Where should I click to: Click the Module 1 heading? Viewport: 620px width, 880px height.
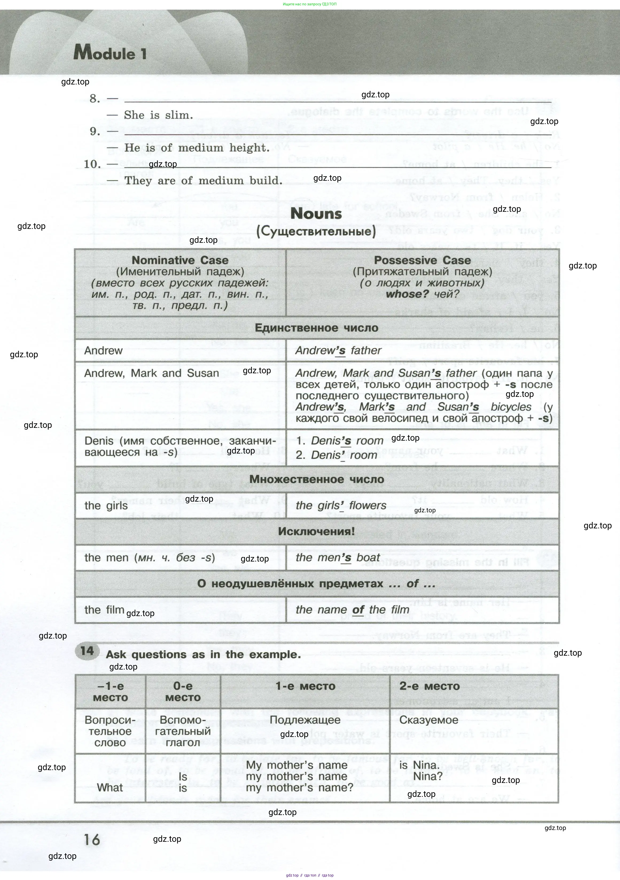coord(110,52)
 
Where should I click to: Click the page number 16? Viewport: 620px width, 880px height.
coord(92,840)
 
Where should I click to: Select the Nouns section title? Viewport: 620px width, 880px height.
coord(316,213)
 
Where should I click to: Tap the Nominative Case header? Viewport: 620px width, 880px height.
coord(180,260)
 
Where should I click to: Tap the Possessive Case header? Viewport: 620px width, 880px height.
coord(422,260)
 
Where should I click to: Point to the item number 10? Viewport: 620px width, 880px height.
coord(92,164)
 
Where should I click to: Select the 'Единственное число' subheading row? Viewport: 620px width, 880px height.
coord(316,328)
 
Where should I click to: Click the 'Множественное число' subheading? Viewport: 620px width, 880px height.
coord(316,479)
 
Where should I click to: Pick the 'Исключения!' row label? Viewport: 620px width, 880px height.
coord(316,531)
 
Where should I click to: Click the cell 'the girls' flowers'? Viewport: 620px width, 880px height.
coord(341,506)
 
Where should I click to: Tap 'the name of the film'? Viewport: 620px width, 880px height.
coord(352,609)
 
